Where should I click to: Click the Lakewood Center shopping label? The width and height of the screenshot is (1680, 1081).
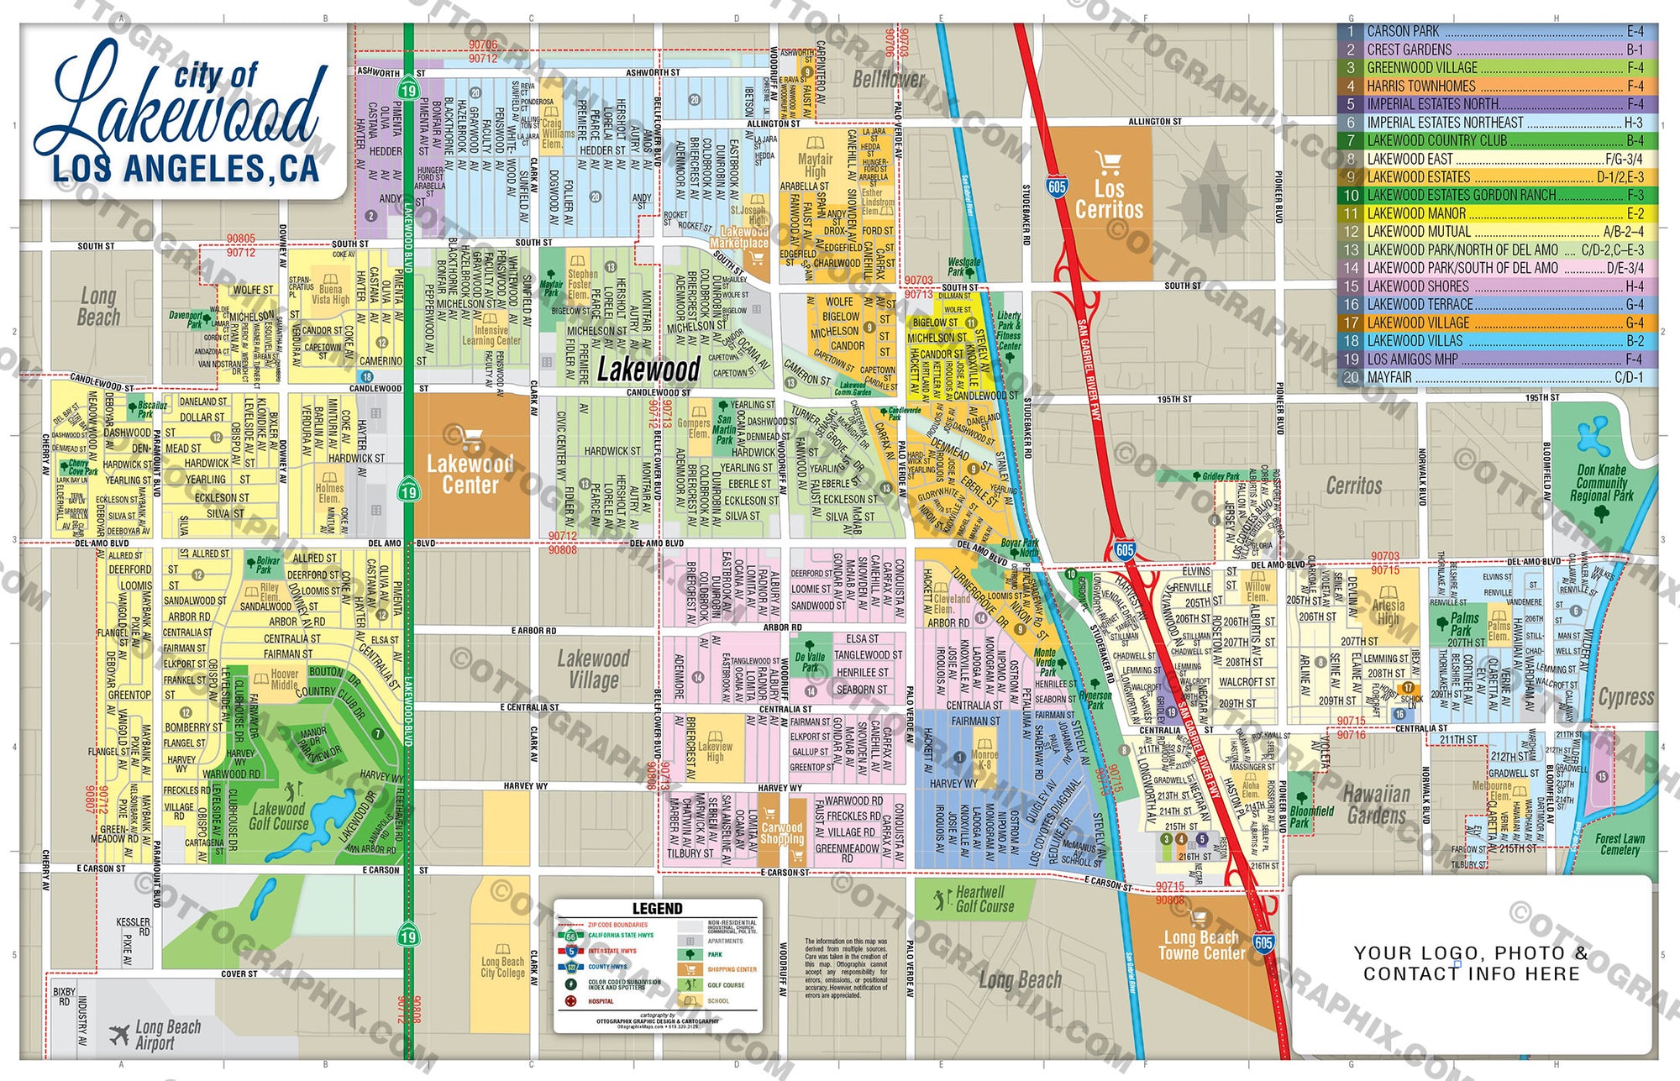coord(470,474)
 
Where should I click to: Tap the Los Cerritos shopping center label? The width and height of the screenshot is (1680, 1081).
coord(1109,199)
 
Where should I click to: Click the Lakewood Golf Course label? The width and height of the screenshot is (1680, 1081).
coord(279,816)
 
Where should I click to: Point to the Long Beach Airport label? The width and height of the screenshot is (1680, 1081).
coord(166,1035)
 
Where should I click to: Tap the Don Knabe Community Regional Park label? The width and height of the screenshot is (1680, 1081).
coord(1601,482)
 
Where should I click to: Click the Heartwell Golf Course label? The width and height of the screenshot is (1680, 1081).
coord(983,899)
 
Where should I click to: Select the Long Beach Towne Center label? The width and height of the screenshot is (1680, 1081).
coord(1201,945)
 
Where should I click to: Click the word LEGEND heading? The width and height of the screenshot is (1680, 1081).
coord(657,909)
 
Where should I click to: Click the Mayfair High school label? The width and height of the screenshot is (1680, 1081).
coord(814,165)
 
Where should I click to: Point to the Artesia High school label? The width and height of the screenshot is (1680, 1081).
coord(1388,611)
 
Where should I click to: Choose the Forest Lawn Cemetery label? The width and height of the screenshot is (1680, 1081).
coord(1619,844)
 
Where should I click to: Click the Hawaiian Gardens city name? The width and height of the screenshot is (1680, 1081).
coord(1376,804)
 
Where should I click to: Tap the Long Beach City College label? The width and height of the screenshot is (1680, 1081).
coord(502,967)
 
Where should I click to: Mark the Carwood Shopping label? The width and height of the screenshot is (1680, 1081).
coord(781,832)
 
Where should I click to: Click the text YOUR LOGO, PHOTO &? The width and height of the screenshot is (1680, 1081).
coord(1471,952)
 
